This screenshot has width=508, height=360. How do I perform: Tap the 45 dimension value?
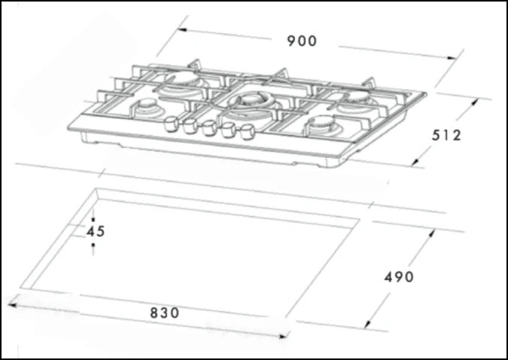[x=95, y=231]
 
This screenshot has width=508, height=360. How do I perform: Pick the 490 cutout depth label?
[x=399, y=277]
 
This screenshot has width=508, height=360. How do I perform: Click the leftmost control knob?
[x=171, y=123]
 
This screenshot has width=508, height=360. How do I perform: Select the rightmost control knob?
[x=245, y=136]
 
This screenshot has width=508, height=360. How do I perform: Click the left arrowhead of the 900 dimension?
[x=181, y=29]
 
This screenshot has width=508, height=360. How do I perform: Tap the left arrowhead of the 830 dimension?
[x=11, y=304]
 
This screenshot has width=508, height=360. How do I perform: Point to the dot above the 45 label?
[x=93, y=218]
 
